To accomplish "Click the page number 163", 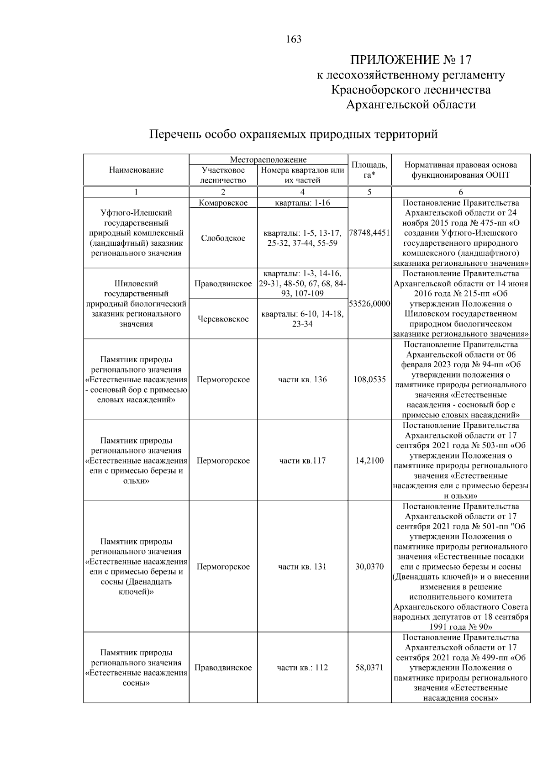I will [x=294, y=39].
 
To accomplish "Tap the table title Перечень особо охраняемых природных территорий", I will [x=294, y=134].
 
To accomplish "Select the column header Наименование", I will [x=136, y=170].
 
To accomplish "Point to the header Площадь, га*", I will [x=369, y=170].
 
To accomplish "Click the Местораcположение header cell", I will [x=268, y=159].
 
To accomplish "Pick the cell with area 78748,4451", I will [x=369, y=233].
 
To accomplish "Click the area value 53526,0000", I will [x=369, y=304].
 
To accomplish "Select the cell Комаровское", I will [x=223, y=203].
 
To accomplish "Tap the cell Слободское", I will [x=223, y=238].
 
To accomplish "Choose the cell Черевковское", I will [x=223, y=319].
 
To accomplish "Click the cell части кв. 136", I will [x=302, y=380].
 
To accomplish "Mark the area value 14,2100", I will [x=369, y=460].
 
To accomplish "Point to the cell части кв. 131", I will [x=302, y=567].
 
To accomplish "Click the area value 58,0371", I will [x=369, y=668].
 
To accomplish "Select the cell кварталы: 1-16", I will [x=302, y=203].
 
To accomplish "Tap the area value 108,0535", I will [x=369, y=380].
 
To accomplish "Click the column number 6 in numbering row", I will [x=460, y=192].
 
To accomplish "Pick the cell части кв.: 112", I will [x=302, y=668].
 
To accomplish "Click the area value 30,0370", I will [x=369, y=567].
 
